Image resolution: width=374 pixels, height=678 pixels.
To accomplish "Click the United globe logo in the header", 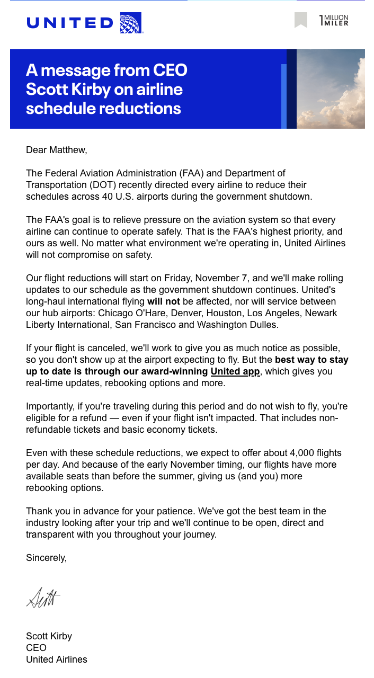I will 131,23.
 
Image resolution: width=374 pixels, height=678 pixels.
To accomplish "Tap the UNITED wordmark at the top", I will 69,23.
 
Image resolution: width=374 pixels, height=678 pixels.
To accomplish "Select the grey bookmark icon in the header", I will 301,21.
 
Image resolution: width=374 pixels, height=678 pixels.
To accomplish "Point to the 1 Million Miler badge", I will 334,21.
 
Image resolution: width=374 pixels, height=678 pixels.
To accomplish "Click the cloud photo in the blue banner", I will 331,89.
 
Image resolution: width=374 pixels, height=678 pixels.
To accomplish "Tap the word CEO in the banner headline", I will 170,70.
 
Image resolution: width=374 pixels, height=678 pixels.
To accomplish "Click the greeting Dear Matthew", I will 56,150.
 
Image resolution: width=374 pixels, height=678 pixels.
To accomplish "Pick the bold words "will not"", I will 163,301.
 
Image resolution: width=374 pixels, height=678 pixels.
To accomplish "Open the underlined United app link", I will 235,371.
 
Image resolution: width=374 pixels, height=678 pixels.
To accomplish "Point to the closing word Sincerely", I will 47,558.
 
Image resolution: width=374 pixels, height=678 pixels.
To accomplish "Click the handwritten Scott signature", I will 43,597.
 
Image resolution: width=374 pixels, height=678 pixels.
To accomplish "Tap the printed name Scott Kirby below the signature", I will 49,636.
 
